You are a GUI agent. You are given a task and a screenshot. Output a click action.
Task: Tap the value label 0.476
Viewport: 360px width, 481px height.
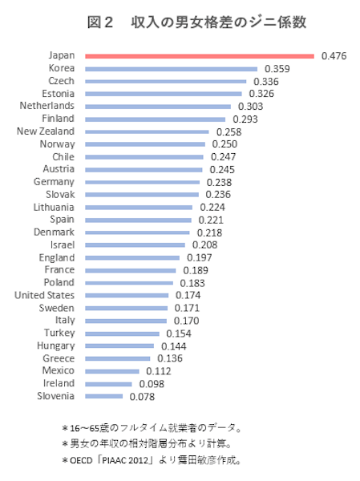tap(334, 56)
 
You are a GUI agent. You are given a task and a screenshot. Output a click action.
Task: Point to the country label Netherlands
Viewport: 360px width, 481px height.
tap(47, 106)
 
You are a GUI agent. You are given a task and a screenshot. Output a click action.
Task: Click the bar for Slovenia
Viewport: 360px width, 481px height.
tap(103, 396)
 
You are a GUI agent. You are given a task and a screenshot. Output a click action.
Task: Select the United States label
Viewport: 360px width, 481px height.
tap(44, 295)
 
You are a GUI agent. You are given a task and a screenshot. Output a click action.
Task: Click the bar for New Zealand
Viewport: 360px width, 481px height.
tap(146, 131)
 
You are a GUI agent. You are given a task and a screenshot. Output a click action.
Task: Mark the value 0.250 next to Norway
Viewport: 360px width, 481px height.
tap(225, 143)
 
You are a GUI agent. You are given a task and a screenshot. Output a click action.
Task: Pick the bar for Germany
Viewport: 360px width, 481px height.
tap(142, 181)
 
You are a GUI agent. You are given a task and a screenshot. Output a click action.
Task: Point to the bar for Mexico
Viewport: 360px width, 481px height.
tap(112, 371)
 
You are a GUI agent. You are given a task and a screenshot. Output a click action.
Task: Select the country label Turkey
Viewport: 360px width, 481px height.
tap(59, 333)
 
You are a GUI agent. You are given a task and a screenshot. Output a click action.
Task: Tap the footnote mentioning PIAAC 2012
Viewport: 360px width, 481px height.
tap(152, 461)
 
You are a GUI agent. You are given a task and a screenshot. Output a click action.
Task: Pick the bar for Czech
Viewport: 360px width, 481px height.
tap(165, 81)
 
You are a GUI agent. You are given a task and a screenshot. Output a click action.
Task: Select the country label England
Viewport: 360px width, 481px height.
tap(56, 257)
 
